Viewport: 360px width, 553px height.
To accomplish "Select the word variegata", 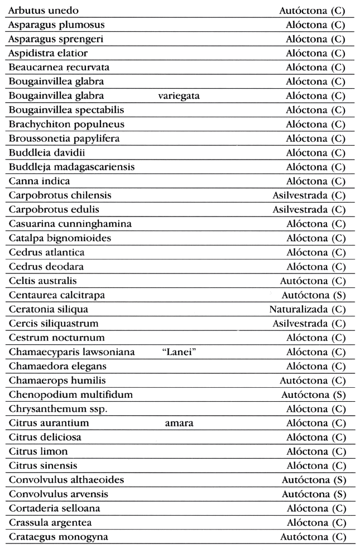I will click(179, 96).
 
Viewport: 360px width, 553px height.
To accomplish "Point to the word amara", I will click(179, 423).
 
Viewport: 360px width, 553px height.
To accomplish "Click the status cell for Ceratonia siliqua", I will click(308, 309).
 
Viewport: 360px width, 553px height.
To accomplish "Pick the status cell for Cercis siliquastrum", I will click(309, 324).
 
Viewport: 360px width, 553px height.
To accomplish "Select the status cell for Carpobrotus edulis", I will click(309, 210).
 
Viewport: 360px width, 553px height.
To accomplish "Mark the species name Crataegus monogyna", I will click(59, 537).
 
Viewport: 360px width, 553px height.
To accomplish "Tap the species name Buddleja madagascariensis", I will click(71, 167).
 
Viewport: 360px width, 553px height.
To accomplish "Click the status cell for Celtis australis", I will click(313, 281).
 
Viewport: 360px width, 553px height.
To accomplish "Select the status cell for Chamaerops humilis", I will click(313, 381).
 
